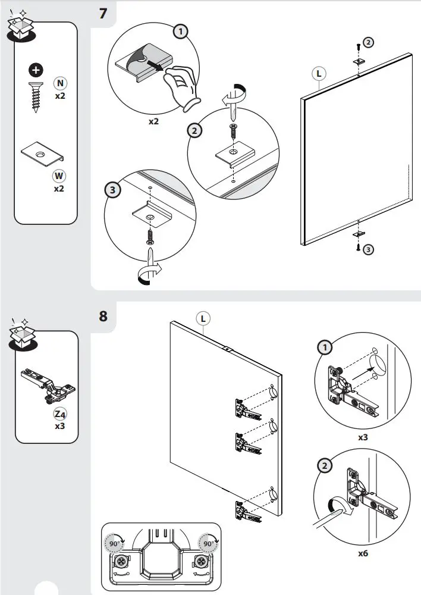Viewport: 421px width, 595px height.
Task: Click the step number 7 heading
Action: pos(103,13)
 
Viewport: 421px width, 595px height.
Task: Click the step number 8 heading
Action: pos(103,315)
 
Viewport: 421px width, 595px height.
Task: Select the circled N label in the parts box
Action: pos(60,83)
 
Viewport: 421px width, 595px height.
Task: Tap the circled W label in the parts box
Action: pos(59,176)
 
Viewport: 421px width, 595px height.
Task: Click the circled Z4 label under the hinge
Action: pos(60,414)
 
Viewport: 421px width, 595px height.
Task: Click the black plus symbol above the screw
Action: pos(37,71)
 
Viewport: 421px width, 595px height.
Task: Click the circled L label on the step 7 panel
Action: pos(319,74)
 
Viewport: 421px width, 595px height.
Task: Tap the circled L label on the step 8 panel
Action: pos(203,318)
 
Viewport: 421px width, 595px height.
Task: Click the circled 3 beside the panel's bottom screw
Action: pos(369,249)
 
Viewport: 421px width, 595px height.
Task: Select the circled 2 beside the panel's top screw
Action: pos(369,42)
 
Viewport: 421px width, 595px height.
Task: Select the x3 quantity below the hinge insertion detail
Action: pos(362,437)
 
